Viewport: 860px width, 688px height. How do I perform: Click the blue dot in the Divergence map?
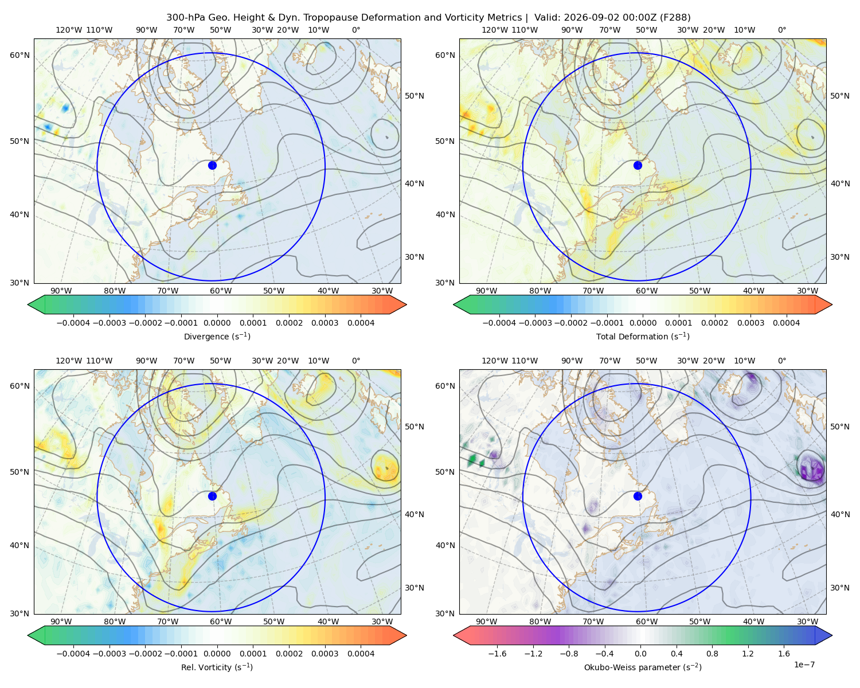(212, 165)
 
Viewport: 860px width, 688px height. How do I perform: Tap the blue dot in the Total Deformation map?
(638, 165)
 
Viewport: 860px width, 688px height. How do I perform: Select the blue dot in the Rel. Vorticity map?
(212, 496)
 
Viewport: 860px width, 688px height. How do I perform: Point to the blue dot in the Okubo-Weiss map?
(638, 496)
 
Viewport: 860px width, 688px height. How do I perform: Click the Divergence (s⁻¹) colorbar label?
(217, 336)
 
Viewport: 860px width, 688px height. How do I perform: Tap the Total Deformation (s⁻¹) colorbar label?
(643, 336)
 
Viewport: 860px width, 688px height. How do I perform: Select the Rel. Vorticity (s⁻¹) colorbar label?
(217, 667)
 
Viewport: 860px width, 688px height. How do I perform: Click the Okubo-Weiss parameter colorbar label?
(643, 667)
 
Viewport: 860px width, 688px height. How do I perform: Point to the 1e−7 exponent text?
(804, 664)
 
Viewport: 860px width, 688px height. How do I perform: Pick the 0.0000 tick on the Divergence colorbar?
(217, 323)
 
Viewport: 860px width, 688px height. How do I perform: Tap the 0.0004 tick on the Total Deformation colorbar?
(786, 323)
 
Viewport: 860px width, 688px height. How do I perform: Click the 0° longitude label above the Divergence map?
(356, 30)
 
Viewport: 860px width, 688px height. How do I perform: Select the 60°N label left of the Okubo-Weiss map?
(445, 386)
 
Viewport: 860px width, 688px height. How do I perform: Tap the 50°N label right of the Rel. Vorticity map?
(415, 427)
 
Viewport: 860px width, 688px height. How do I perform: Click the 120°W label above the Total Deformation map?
(494, 30)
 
